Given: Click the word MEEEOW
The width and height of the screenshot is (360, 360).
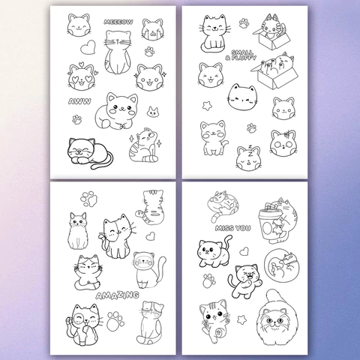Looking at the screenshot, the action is (118, 22).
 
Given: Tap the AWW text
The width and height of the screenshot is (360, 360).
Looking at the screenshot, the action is (79, 101).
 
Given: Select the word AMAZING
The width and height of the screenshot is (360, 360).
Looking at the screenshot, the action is (117, 295).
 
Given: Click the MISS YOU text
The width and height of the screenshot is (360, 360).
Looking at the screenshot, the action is (232, 228).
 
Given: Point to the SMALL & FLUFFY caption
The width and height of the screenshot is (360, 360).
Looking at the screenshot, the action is (241, 55).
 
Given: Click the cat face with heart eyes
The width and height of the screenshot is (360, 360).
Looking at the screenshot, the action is (82, 77).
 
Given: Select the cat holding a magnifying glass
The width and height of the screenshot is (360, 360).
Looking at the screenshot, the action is (83, 325).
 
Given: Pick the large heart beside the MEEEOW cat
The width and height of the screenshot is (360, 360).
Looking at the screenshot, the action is (88, 47).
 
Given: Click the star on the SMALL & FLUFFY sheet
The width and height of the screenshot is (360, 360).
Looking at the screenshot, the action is (207, 106).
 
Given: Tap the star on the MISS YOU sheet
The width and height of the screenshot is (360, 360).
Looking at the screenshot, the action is (241, 319).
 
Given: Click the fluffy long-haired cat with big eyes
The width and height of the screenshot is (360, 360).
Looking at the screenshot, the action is (277, 319).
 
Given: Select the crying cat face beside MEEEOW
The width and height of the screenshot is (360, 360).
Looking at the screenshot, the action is (153, 29).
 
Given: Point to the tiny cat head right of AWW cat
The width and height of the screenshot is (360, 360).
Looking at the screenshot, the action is (153, 112).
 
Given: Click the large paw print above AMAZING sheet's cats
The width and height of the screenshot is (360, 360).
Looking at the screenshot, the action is (89, 199).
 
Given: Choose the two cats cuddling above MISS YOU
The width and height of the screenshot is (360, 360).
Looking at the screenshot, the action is (223, 205).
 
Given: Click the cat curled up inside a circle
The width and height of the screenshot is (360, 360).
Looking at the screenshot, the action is (282, 265).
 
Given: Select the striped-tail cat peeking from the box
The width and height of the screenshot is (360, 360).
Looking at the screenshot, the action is (272, 31).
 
